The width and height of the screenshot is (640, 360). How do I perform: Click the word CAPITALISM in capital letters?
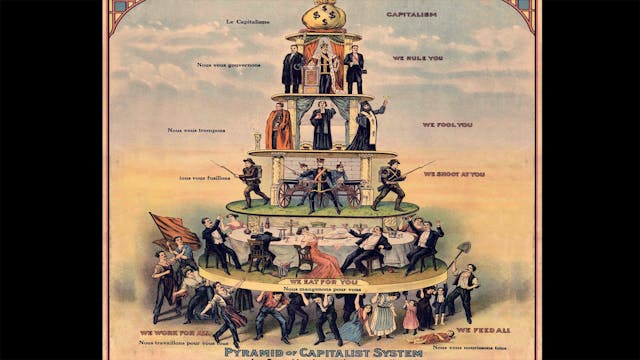coord(411,15)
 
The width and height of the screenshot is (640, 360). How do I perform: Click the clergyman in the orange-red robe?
coord(279,128)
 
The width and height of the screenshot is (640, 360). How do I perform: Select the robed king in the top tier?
coord(323,70)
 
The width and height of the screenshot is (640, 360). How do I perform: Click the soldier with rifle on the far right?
coord(390,183)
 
